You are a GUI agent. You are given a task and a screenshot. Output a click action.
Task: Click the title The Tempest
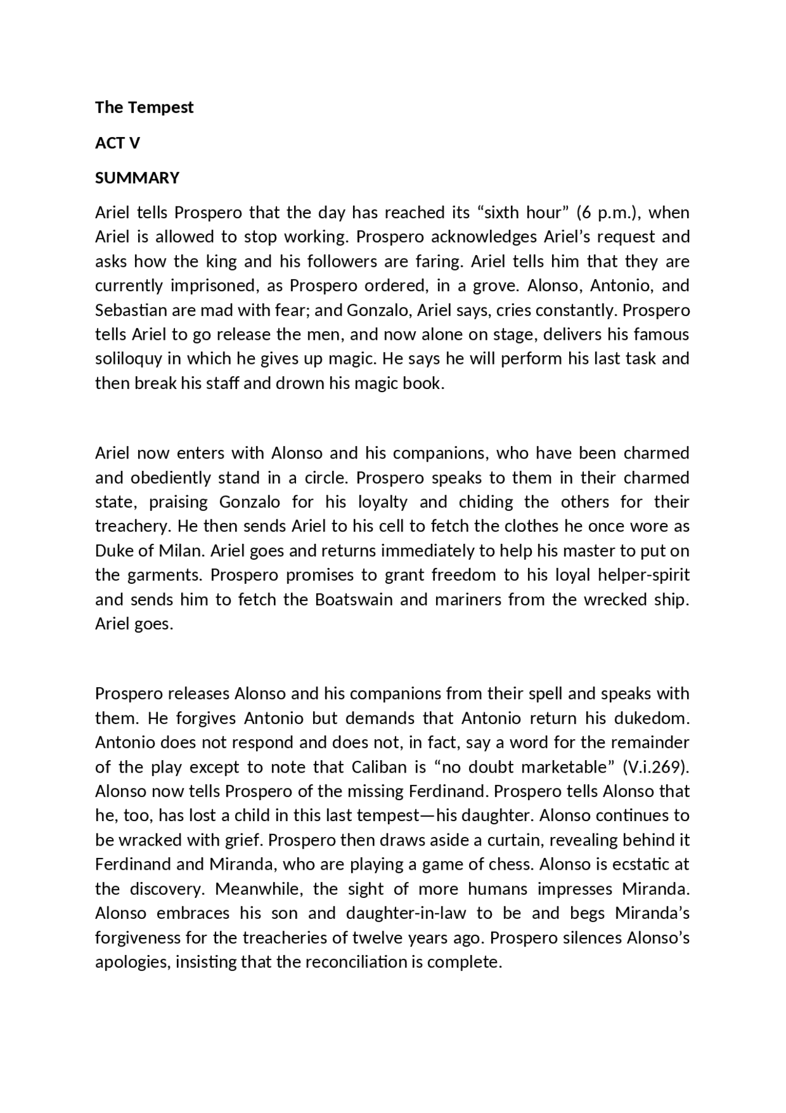(x=144, y=108)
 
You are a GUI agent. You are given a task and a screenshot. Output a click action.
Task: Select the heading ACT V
(x=117, y=143)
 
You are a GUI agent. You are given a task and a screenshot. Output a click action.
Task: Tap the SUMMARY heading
(x=137, y=178)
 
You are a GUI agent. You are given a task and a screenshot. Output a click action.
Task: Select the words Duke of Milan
(x=149, y=551)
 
